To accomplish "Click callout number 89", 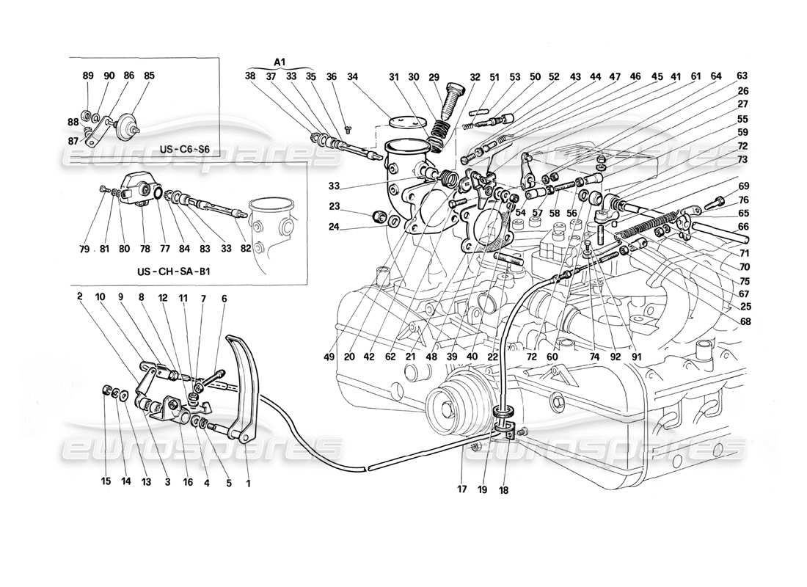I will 88,76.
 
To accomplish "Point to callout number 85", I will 149,76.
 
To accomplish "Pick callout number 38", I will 251,76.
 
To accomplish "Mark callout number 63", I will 742,76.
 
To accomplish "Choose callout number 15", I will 106,482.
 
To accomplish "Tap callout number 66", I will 742,227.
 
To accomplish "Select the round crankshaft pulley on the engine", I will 448,405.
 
